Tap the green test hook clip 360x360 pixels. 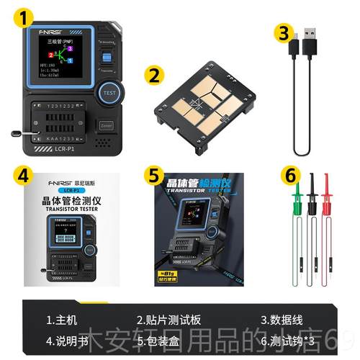[x=295, y=194]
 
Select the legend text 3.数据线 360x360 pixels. [x=282, y=319]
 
